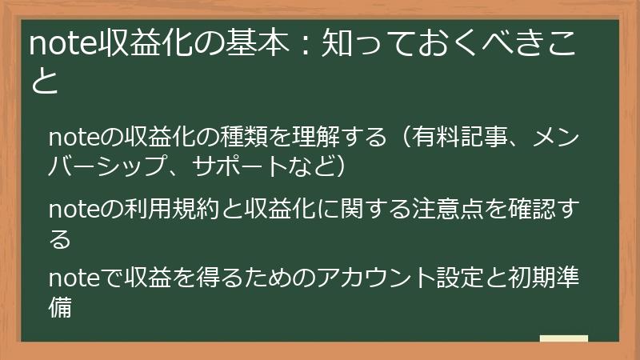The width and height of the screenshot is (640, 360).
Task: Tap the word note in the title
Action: pos(62,45)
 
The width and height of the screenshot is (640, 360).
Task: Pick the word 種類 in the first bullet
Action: pos(245,137)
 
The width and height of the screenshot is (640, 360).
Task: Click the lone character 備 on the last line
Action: pos(60,307)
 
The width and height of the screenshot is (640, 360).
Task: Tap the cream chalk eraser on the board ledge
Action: pos(563,338)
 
